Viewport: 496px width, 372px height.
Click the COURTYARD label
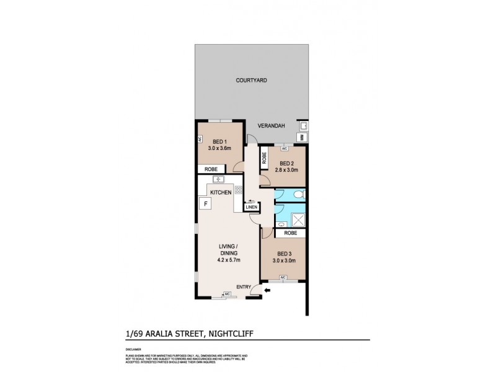[x=251, y=81]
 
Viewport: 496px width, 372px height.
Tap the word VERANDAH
[x=271, y=126]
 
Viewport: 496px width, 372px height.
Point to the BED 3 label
[x=283, y=254]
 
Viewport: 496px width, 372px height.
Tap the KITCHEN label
[x=220, y=193]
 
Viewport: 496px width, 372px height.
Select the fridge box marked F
[x=204, y=203]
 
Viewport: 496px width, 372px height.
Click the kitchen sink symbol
[x=218, y=180]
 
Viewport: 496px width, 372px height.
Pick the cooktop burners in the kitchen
[x=237, y=190]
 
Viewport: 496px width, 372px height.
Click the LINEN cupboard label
[x=252, y=208]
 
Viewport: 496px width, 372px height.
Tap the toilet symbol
[x=298, y=194]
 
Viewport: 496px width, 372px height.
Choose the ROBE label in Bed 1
[x=211, y=169]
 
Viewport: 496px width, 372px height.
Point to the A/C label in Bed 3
[x=283, y=277]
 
